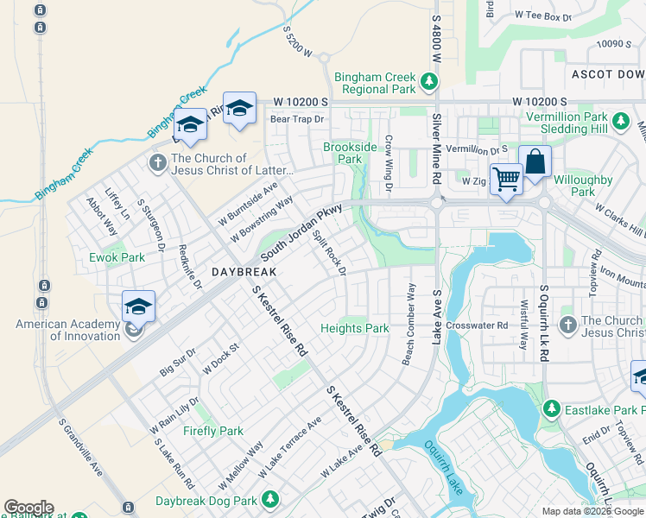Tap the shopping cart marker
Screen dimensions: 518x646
[x=506, y=180]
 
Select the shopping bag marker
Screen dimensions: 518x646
[x=535, y=161]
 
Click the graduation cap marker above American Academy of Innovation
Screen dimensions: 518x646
[x=138, y=306]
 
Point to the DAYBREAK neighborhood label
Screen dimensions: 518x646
[x=244, y=271]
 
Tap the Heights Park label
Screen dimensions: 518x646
[x=354, y=328]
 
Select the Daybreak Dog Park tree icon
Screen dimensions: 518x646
[x=270, y=500]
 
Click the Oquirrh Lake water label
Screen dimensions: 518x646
[x=446, y=468]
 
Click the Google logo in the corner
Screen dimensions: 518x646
[x=28, y=508]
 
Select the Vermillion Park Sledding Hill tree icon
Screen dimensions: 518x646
[x=620, y=122]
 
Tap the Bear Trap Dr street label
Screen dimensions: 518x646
[x=297, y=119]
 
